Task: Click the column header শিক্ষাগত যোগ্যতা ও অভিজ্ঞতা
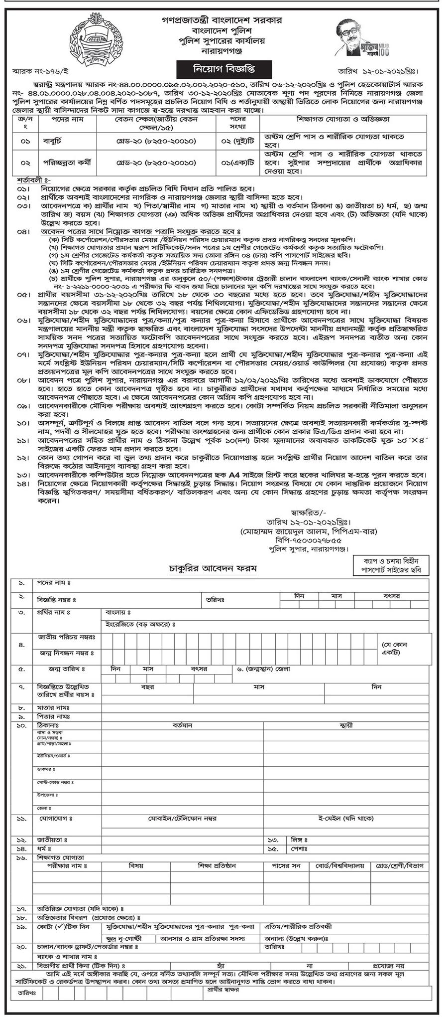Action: pyautogui.click(x=343, y=120)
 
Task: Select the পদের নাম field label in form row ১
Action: pyautogui.click(x=52, y=582)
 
